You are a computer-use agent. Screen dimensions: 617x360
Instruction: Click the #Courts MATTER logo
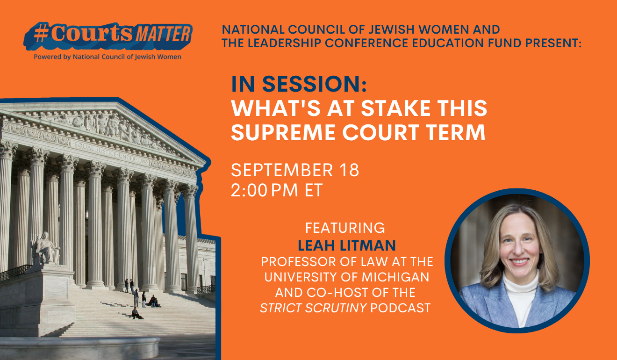pyautogui.click(x=108, y=36)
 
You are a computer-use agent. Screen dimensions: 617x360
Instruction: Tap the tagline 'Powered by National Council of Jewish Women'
pyautogui.click(x=108, y=57)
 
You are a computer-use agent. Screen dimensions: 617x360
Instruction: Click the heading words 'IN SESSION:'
pyautogui.click(x=299, y=84)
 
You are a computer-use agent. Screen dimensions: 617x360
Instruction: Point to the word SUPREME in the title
pyautogui.click(x=283, y=132)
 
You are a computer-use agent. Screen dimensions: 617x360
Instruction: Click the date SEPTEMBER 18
pyautogui.click(x=295, y=170)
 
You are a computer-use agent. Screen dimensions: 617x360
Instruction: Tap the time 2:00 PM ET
pyautogui.click(x=277, y=190)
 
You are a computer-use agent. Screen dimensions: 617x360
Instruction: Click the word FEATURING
pyautogui.click(x=345, y=228)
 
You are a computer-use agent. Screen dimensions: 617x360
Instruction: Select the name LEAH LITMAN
pyautogui.click(x=347, y=245)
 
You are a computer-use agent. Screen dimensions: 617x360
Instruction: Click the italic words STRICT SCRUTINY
pyautogui.click(x=314, y=308)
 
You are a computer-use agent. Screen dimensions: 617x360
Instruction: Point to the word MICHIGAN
pyautogui.click(x=395, y=277)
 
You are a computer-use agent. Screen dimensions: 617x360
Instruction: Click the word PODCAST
pyautogui.click(x=400, y=308)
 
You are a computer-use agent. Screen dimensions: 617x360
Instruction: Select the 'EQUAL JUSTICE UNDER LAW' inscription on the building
pyautogui.click(x=110, y=153)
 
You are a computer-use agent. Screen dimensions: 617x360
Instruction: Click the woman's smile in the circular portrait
pyautogui.click(x=519, y=261)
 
